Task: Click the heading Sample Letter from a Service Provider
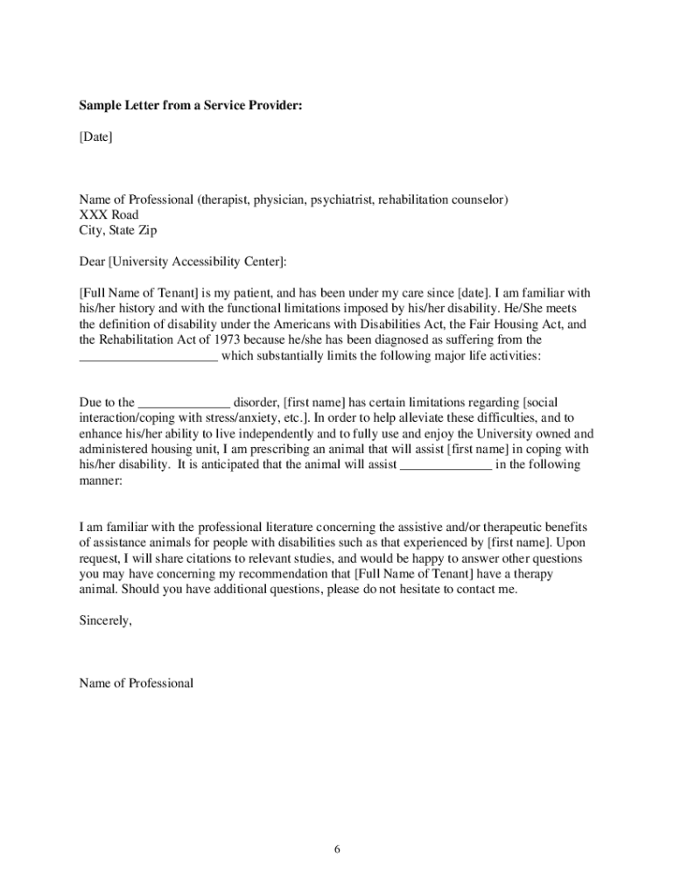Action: point(192,106)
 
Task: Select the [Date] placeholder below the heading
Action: point(95,136)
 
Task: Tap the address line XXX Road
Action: point(109,214)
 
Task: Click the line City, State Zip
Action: point(118,230)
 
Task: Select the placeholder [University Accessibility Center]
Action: point(197,261)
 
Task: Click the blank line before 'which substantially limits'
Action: point(148,356)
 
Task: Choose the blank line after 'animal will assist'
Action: point(446,465)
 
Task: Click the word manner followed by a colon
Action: point(101,481)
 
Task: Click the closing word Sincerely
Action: point(106,620)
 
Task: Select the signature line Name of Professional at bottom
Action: point(136,682)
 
